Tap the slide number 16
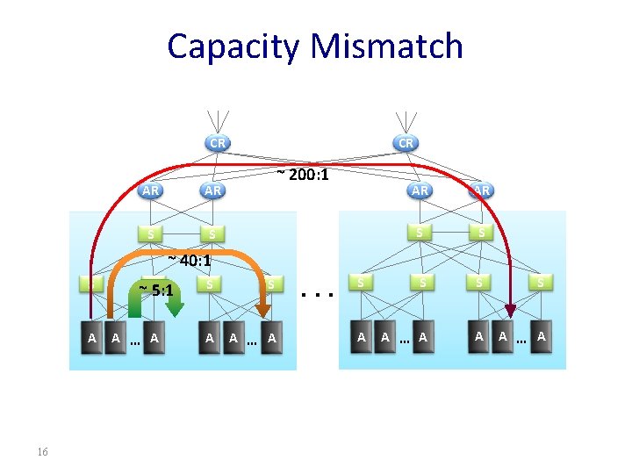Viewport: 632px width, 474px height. point(42,452)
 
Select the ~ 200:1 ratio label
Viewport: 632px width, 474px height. point(303,176)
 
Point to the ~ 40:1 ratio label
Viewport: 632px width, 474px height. point(189,261)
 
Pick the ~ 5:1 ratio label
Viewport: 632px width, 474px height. point(159,290)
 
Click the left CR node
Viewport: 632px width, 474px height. point(217,142)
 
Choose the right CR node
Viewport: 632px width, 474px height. point(406,142)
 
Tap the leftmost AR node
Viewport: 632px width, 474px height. point(151,190)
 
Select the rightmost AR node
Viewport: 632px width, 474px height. point(481,190)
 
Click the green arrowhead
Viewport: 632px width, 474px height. point(175,308)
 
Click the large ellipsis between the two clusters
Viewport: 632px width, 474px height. point(315,294)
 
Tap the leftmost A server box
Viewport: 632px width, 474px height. point(90,338)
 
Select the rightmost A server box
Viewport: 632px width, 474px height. point(542,336)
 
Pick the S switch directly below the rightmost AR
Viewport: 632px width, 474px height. point(481,233)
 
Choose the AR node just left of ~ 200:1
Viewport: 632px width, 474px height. point(212,190)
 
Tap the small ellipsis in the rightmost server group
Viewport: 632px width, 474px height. point(521,339)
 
